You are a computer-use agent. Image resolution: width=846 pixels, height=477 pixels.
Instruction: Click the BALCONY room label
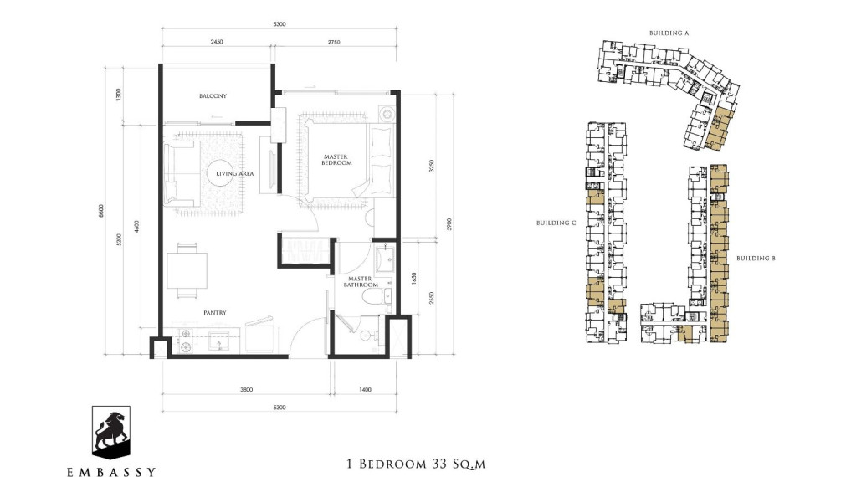[213, 96]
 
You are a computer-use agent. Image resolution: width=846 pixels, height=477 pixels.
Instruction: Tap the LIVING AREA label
[234, 174]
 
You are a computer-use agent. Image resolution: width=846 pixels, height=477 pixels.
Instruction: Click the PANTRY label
[213, 313]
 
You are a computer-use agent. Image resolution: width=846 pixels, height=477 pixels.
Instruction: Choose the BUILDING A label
[669, 33]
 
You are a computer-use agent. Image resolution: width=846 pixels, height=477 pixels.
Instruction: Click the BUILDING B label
[756, 259]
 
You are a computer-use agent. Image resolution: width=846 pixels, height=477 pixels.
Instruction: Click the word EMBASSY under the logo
[110, 470]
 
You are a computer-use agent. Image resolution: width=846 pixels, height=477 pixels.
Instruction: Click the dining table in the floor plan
[187, 269]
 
